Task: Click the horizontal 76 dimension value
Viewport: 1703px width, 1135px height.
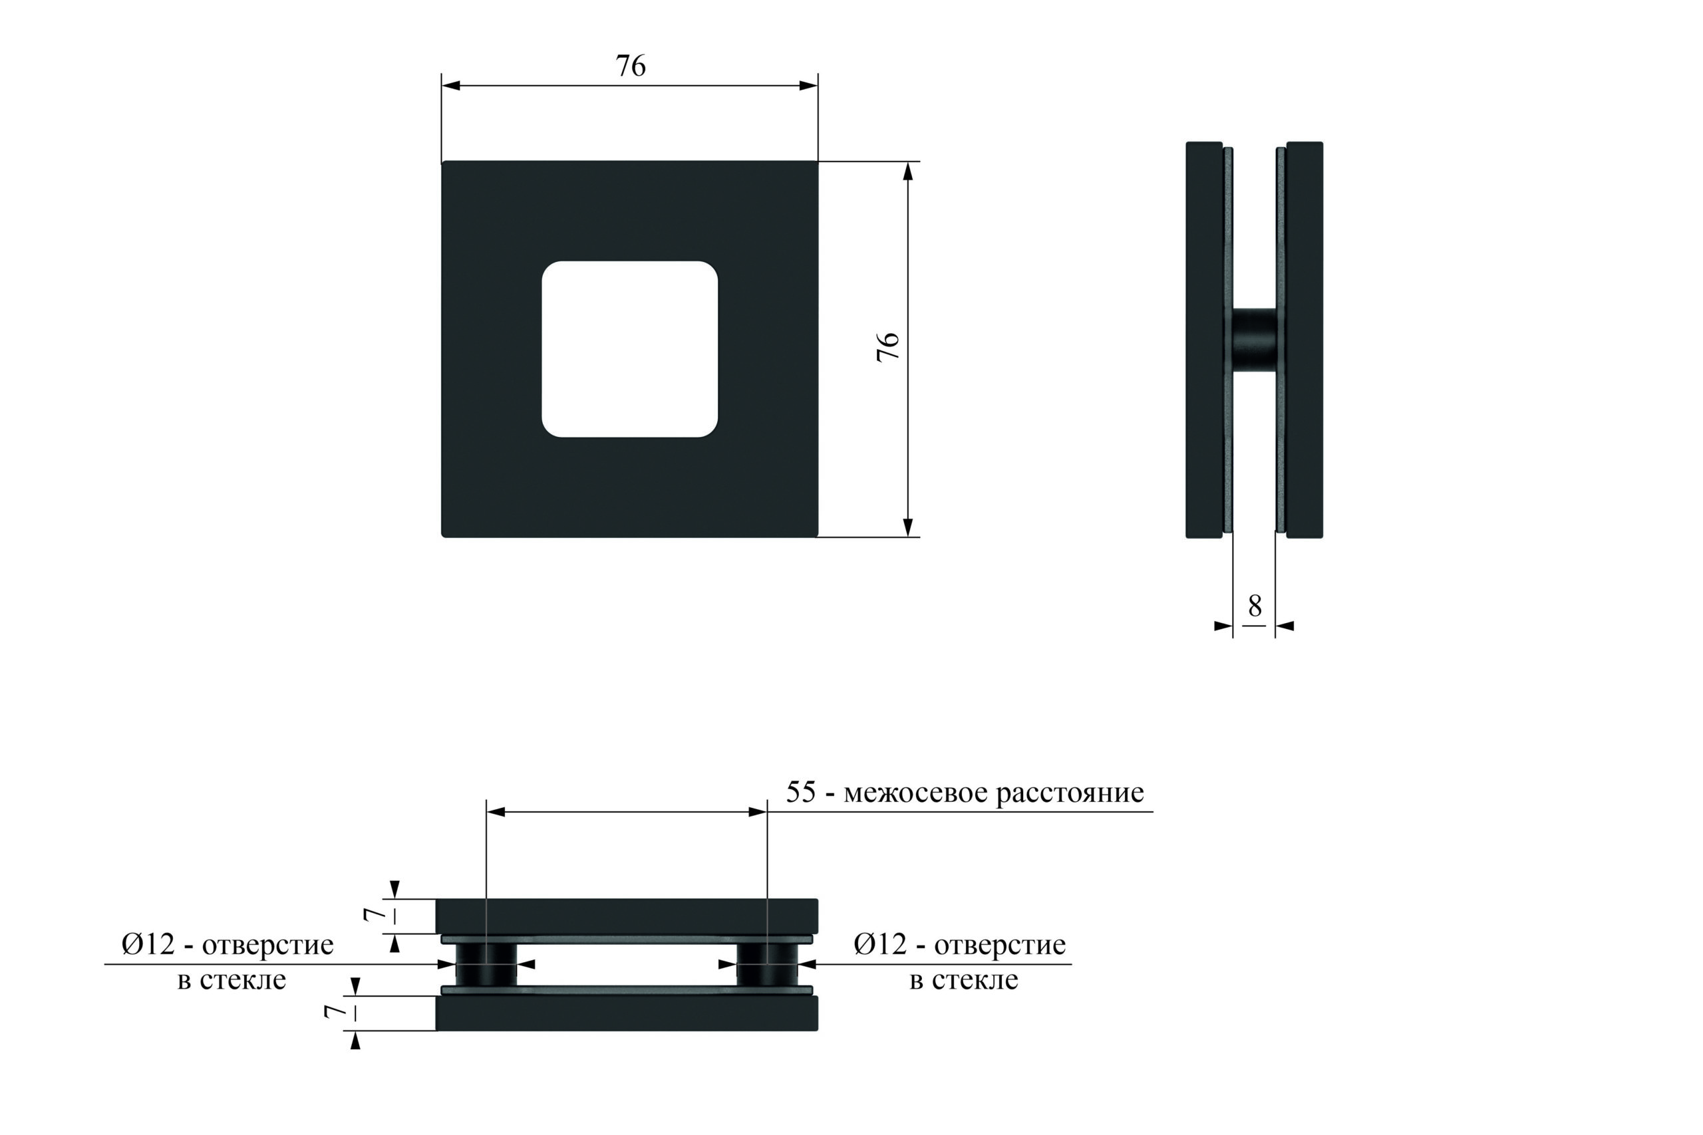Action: tap(630, 66)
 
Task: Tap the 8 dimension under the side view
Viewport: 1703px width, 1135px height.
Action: tap(1255, 606)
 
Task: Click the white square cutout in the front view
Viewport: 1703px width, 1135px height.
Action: tap(630, 349)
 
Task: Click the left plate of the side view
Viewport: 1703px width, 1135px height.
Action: tap(1204, 340)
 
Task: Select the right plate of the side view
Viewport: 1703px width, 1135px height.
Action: tap(1305, 340)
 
